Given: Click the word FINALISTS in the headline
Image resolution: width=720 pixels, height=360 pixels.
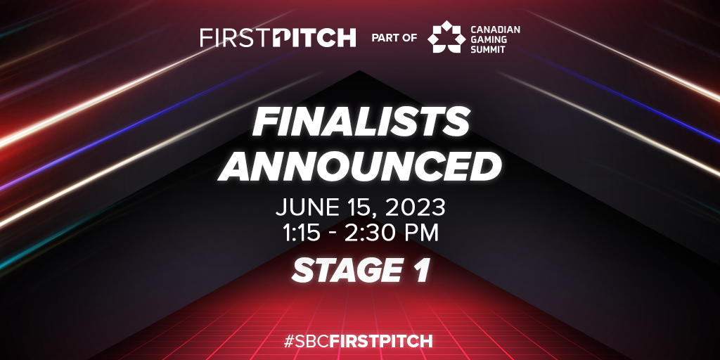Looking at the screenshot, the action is [x=361, y=122].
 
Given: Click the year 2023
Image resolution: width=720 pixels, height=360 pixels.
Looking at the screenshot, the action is [x=416, y=208].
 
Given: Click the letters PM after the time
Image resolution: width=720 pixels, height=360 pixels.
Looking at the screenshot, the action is [x=423, y=233].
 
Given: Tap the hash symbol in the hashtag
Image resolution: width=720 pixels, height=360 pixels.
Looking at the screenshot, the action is [x=289, y=342].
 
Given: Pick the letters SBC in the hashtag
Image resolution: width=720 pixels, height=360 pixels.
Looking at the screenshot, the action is [x=312, y=342].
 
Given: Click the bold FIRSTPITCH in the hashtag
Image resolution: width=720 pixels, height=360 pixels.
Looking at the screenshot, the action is [x=381, y=342].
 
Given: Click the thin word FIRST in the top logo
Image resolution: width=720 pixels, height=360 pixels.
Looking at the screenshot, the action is [x=235, y=38].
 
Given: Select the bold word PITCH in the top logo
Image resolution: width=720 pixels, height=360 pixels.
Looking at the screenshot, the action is [x=314, y=38].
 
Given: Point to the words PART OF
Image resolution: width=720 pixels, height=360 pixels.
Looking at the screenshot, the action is [x=394, y=38].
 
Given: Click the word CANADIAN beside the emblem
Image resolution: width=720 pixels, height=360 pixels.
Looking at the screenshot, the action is [x=496, y=29].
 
